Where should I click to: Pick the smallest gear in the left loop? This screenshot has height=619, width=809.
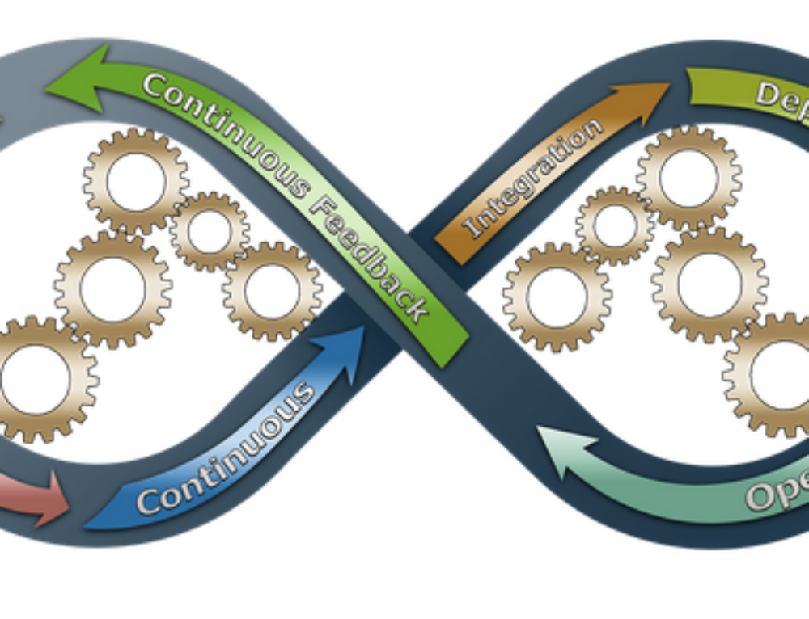(x=210, y=231)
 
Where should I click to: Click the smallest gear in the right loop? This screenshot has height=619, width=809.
(x=615, y=225)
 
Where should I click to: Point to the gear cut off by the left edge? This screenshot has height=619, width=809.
(x=36, y=378)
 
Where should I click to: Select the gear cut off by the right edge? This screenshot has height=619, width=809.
(x=773, y=374)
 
